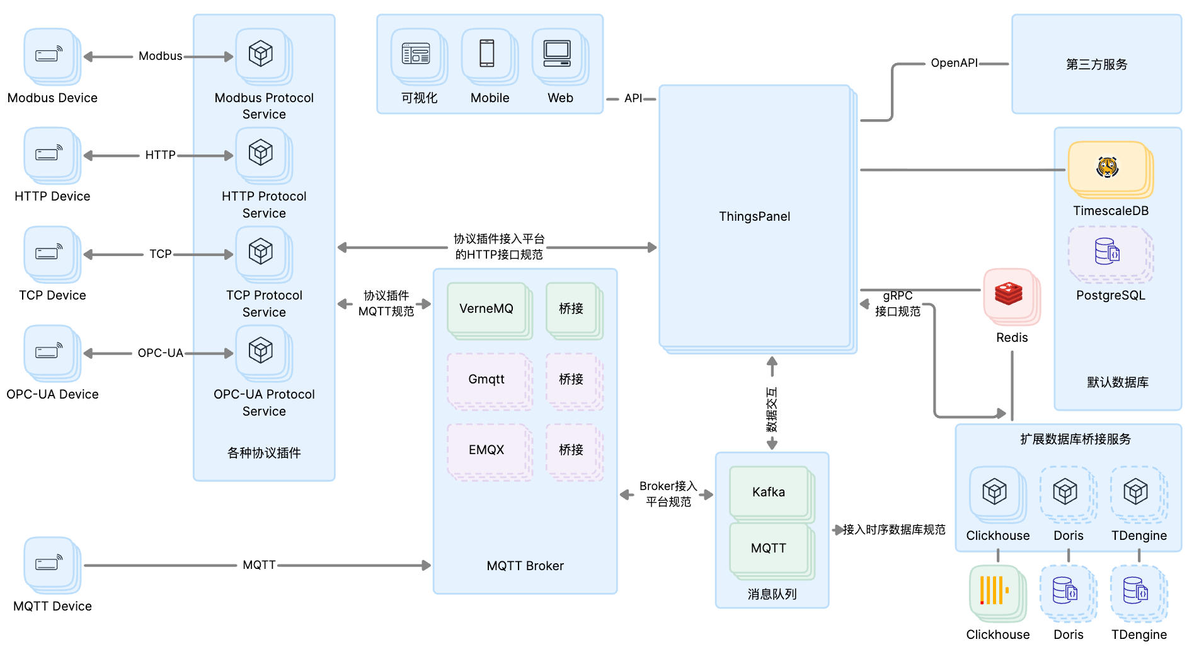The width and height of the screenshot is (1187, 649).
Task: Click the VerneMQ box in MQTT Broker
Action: click(x=486, y=308)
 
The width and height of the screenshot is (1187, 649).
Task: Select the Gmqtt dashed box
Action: click(x=486, y=379)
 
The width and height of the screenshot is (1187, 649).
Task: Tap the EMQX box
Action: click(x=486, y=450)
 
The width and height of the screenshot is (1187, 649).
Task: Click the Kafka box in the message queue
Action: click(x=769, y=492)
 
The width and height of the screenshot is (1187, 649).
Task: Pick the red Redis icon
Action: click(x=1009, y=294)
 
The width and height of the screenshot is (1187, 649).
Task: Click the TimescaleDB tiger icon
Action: click(x=1107, y=167)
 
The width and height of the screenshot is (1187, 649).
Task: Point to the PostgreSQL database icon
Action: click(x=1107, y=252)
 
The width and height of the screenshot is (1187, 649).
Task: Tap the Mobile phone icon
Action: click(x=487, y=54)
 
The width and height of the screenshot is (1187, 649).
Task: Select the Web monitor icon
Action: click(x=558, y=54)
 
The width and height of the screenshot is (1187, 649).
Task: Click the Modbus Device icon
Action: click(x=50, y=55)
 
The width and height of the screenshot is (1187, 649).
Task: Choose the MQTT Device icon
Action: click(x=50, y=563)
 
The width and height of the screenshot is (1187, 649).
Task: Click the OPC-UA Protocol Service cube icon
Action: click(x=261, y=351)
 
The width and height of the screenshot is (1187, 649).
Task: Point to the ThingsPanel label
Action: click(x=754, y=216)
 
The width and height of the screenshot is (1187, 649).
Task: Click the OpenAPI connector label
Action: click(x=954, y=63)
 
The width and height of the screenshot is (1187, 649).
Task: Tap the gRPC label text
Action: click(x=897, y=295)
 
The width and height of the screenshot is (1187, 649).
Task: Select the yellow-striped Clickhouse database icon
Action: click(x=994, y=591)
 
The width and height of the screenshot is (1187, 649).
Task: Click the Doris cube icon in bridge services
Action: click(x=1065, y=491)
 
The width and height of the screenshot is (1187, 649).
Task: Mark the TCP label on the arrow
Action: click(x=160, y=254)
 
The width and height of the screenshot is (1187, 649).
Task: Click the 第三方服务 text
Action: click(x=1096, y=64)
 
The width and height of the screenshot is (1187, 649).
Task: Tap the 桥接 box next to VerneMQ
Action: click(x=571, y=308)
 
